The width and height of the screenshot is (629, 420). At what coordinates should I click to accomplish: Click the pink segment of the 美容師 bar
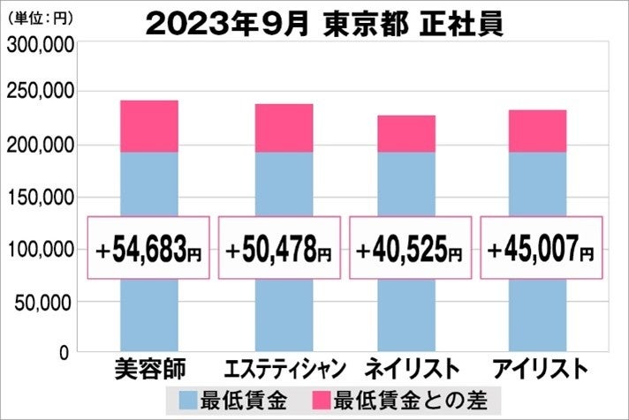tap(148, 126)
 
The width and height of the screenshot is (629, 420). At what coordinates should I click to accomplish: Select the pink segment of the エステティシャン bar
tap(278, 128)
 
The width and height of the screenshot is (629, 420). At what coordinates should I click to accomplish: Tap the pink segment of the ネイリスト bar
tap(407, 133)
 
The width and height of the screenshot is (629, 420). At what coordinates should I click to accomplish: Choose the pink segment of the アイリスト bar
tap(537, 131)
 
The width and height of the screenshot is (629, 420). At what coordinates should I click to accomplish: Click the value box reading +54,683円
tap(148, 248)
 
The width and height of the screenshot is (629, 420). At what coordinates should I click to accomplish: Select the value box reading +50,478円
tap(278, 248)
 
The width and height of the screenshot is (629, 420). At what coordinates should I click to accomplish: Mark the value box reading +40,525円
tap(407, 248)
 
